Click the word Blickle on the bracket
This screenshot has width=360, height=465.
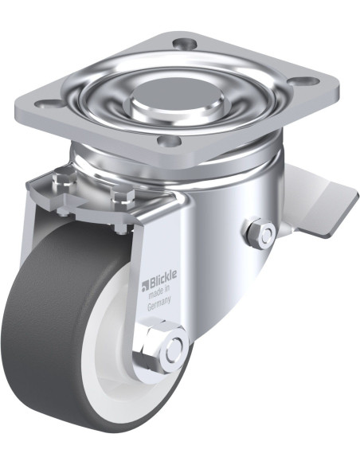pos(162,281)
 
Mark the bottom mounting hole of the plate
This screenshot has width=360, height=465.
pos(170,142)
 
